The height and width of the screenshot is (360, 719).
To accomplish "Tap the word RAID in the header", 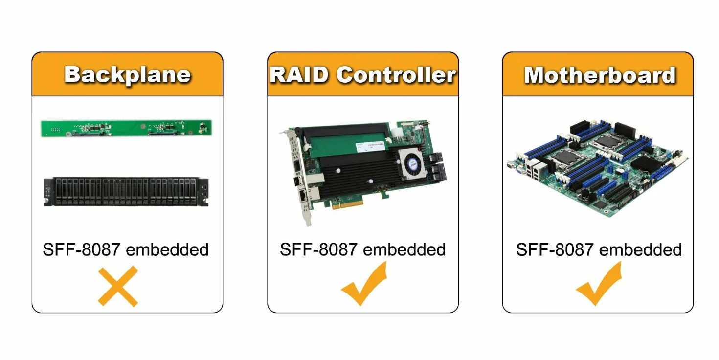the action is pyautogui.click(x=299, y=75).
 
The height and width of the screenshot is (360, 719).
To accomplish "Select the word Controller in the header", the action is pyautogui.click(x=396, y=75).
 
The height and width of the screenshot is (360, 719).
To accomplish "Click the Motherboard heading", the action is pyautogui.click(x=600, y=75).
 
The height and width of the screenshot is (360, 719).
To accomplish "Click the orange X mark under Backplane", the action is pyautogui.click(x=118, y=286).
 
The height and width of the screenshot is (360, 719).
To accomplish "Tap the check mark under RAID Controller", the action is pyautogui.click(x=364, y=284).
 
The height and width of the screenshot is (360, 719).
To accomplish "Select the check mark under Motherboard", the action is pyautogui.click(x=599, y=284).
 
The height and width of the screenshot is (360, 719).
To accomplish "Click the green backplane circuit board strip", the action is pyautogui.click(x=126, y=128).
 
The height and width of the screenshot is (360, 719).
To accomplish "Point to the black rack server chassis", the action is pyautogui.click(x=126, y=192).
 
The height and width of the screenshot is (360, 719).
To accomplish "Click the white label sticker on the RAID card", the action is pyautogui.click(x=370, y=147).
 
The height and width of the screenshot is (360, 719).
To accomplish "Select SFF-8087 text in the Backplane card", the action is pyautogui.click(x=82, y=249).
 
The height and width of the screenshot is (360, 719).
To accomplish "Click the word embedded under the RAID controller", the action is pyautogui.click(x=404, y=249).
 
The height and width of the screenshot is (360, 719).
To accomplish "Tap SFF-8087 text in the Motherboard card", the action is pyautogui.click(x=554, y=249).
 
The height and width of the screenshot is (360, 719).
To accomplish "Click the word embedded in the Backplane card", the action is pyautogui.click(x=167, y=249).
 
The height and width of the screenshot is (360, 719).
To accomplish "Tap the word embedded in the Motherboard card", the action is pyautogui.click(x=640, y=249).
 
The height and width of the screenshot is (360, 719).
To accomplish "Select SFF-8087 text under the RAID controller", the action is pyautogui.click(x=318, y=249).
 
